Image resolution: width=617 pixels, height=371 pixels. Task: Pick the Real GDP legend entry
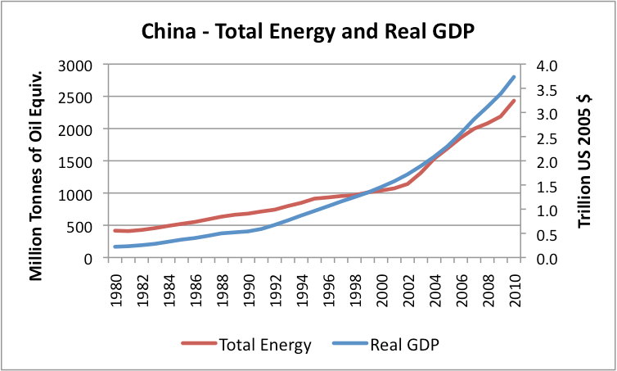[x=391, y=345]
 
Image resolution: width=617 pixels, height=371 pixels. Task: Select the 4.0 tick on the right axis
[x=547, y=65]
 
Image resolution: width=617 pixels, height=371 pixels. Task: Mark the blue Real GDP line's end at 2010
[x=515, y=77]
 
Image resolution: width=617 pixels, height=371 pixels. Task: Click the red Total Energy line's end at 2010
[x=515, y=101]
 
